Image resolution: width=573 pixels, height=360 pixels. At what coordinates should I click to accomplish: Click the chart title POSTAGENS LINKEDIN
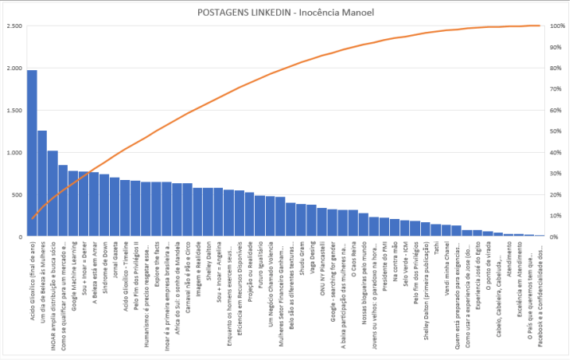[286, 14]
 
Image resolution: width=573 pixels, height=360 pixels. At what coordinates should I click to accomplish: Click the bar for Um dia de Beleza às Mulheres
[42, 183]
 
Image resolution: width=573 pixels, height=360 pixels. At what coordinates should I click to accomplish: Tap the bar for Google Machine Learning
[73, 204]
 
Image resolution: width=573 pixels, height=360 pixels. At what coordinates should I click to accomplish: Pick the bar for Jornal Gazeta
[115, 207]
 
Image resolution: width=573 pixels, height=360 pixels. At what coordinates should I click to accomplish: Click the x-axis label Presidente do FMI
[384, 262]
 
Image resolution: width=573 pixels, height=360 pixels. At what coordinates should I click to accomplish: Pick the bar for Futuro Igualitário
[259, 216]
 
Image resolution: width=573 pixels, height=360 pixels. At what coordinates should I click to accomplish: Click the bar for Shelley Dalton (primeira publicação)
[426, 230]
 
